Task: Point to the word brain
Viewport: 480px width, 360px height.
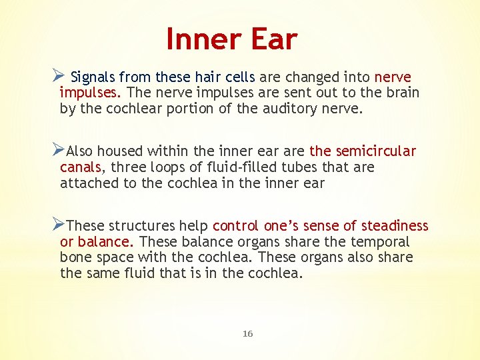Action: point(401,92)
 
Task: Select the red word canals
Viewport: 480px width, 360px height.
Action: point(79,167)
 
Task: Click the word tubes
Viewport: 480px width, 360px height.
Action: point(299,167)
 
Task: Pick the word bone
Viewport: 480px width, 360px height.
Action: point(74,257)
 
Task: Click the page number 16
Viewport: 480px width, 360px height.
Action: point(247,333)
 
